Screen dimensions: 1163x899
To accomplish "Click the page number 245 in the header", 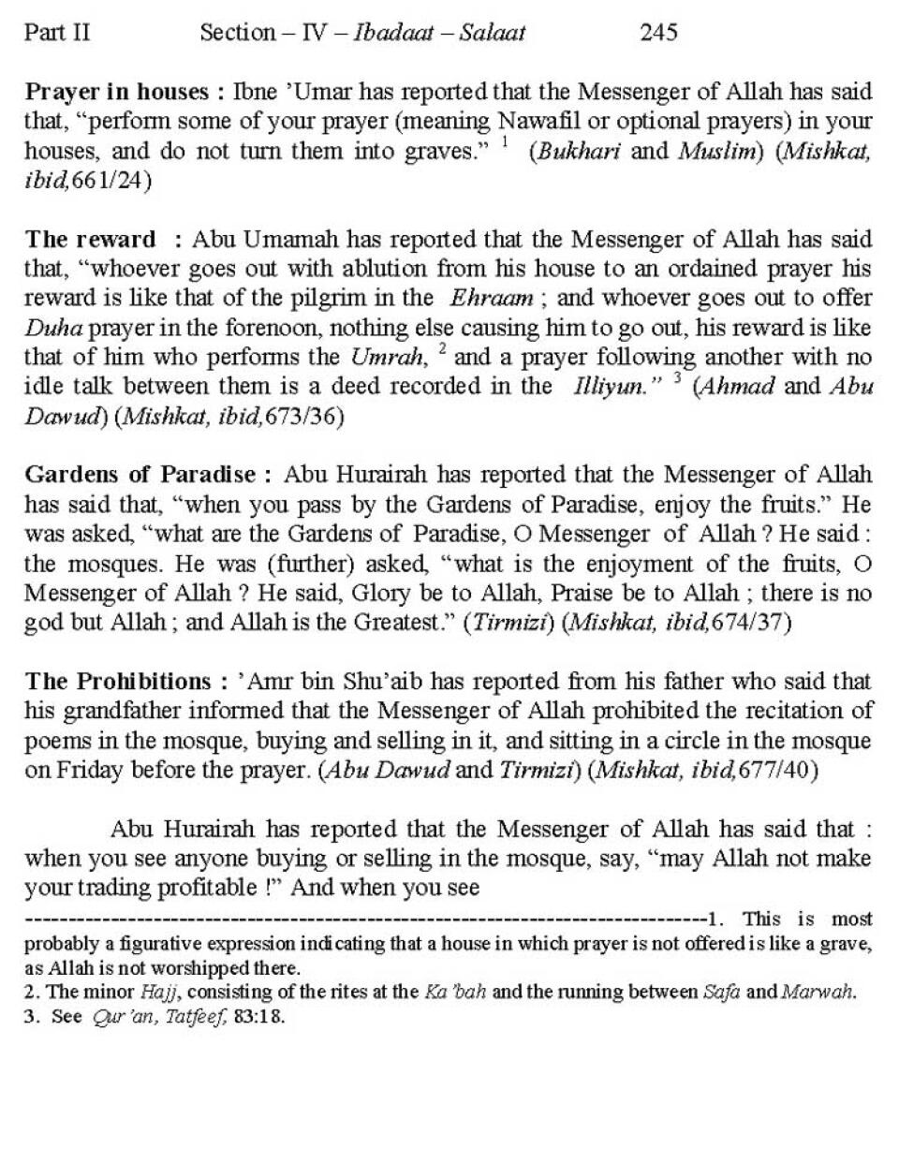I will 658,33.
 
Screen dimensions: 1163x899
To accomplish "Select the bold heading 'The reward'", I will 91,239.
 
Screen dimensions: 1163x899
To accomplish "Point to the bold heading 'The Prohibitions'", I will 118,681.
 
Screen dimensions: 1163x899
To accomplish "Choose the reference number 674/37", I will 751,623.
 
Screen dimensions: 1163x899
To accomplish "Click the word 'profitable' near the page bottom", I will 208,887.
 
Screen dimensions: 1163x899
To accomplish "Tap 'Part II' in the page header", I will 57,33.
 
